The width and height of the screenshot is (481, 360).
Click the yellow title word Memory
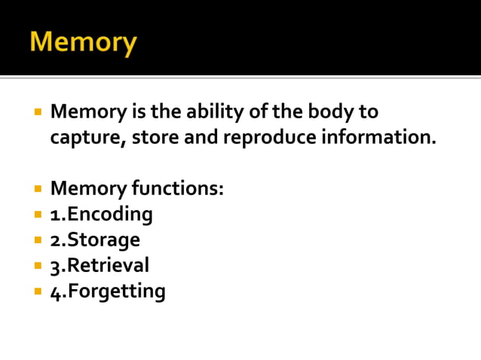pos(83,41)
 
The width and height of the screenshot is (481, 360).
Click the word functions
pos(178,188)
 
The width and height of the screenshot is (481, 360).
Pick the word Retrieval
pos(109,265)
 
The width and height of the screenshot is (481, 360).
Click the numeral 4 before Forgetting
pos(56,291)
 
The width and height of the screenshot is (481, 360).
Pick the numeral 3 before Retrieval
pos(56,266)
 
